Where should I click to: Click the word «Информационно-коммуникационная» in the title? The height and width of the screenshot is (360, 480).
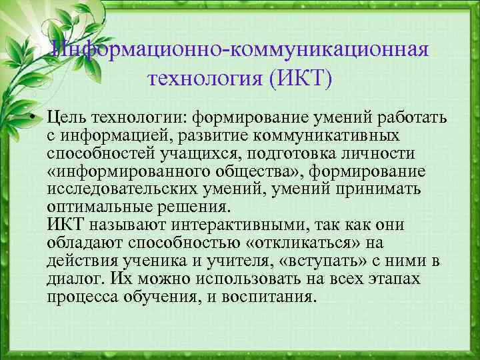tap(241, 51)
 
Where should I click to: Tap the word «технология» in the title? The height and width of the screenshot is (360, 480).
tap(206, 80)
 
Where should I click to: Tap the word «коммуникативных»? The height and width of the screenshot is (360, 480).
tap(333, 136)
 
